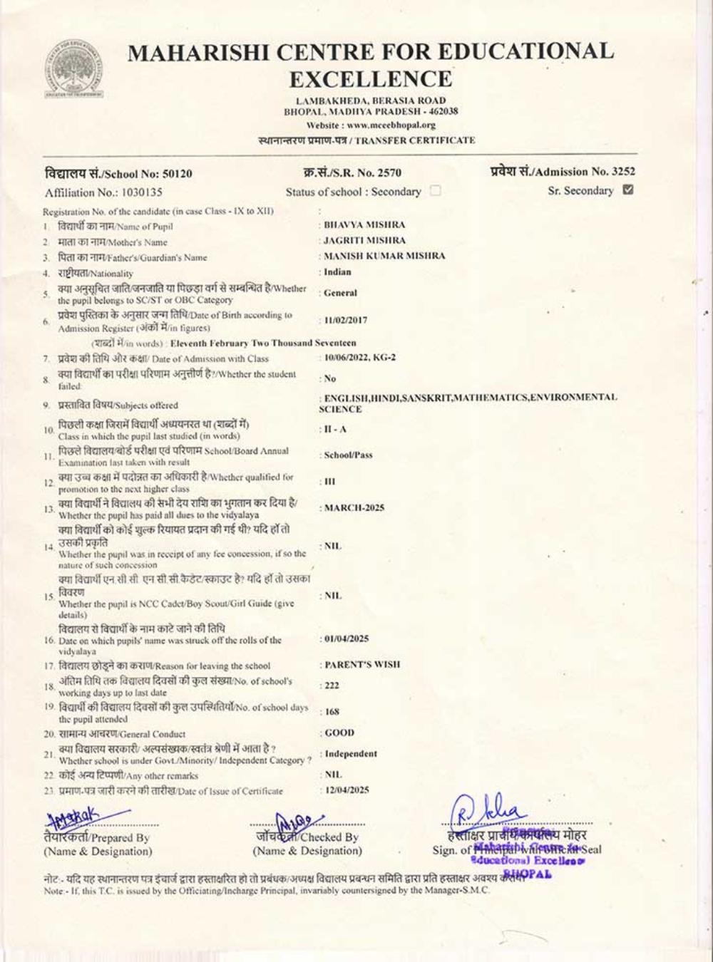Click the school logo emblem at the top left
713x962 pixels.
coord(73,70)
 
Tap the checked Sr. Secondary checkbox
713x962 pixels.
coord(628,190)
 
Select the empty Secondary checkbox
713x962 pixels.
coord(436,191)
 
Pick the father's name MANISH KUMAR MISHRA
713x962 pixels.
coord(384,256)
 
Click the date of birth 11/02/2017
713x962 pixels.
coord(346,320)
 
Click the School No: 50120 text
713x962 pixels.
coord(118,174)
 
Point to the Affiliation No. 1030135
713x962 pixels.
coord(103,192)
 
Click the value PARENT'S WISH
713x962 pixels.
coord(362,665)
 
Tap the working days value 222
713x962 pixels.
coord(332,686)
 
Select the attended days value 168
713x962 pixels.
coord(332,711)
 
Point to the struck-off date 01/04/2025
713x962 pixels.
coord(347,639)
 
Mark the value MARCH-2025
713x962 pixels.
coord(354,508)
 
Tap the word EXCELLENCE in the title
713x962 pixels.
coord(371,78)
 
